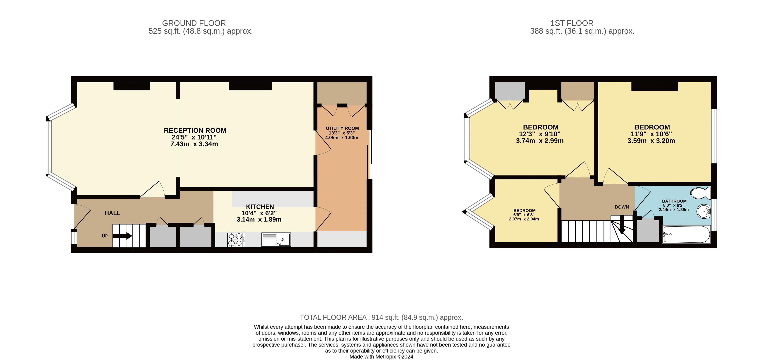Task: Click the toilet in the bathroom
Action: pos(700,193)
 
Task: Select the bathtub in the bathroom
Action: pos(686,234)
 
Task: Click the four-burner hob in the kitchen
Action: pos(236,239)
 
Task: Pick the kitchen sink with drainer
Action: pos(276,239)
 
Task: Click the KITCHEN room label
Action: pos(260,207)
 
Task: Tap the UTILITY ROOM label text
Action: pos(342,128)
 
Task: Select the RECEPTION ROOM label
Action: pos(195,131)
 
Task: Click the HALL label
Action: pos(112,213)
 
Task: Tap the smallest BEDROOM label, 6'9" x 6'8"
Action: pos(524,211)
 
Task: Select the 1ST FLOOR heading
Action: pos(572,23)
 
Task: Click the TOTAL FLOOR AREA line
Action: pos(381,317)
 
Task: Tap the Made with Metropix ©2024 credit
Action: pos(381,357)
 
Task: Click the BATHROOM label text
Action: pos(674,201)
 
